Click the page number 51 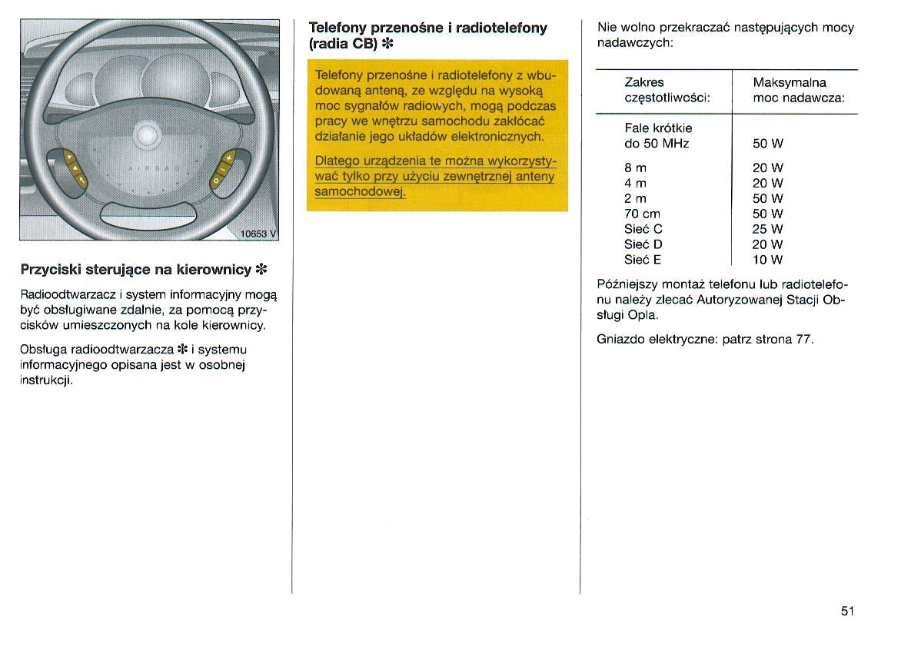click(x=847, y=612)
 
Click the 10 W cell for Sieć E click(x=767, y=260)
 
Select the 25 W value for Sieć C click(x=767, y=229)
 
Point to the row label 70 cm click(x=642, y=214)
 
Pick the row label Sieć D click(x=643, y=244)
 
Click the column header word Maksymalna click(x=790, y=82)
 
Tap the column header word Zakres click(x=644, y=82)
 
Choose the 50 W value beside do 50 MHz click(x=767, y=144)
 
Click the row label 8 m click(x=635, y=168)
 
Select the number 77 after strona click(x=804, y=339)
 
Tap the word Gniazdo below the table click(x=620, y=339)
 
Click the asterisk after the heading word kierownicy click(x=261, y=270)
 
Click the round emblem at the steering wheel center click(x=145, y=136)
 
